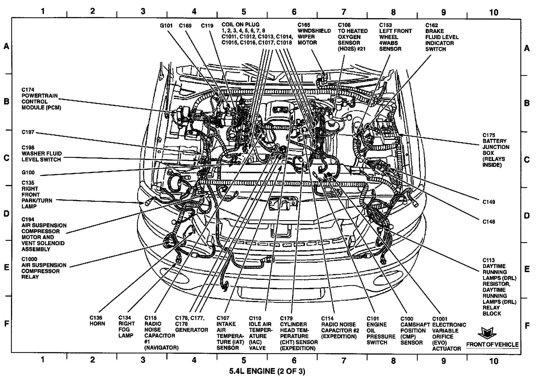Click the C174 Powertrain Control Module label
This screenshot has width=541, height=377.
tap(41, 99)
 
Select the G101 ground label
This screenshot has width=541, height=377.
tap(166, 25)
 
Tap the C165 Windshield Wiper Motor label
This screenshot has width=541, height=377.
tap(314, 34)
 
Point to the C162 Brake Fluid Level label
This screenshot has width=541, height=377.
tap(442, 37)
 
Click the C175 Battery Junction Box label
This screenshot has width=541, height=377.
tap(496, 150)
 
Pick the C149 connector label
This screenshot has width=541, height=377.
tap(489, 202)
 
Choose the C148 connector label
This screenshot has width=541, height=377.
tap(489, 222)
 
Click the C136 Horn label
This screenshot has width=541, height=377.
tap(97, 321)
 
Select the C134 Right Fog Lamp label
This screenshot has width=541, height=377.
tap(126, 327)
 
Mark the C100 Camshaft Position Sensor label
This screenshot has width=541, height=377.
tap(411, 331)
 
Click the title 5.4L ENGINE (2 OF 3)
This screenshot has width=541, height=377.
tap(267, 371)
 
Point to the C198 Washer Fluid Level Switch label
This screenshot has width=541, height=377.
tap(41, 154)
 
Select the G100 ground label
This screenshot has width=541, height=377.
tap(28, 173)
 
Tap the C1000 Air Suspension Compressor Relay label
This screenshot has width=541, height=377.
tap(44, 271)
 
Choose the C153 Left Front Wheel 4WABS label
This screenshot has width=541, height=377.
tap(395, 37)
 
